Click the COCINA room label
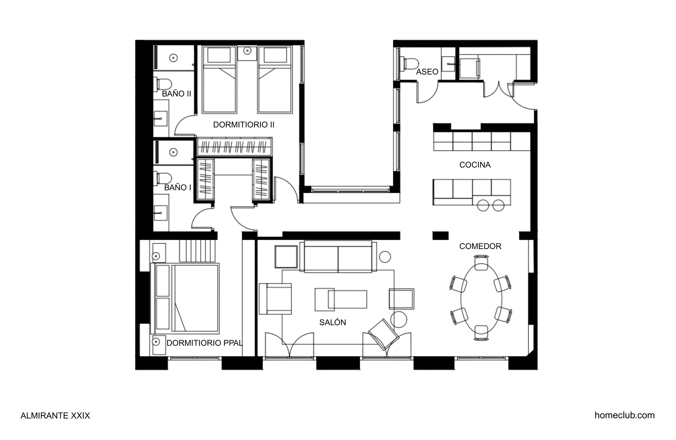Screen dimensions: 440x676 475,165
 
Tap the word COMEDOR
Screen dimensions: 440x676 480,246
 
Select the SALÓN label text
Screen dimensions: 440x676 332,323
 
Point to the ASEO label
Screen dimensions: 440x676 427,72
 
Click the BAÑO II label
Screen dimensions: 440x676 176,94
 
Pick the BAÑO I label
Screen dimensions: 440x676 178,188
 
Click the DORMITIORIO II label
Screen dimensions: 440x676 243,125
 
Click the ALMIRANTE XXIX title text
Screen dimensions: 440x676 55,416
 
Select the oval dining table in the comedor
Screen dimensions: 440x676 481,300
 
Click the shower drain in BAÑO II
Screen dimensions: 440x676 173,58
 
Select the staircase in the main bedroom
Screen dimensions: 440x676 197,251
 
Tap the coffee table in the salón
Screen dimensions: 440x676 341,299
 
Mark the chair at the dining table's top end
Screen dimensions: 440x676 481,263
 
